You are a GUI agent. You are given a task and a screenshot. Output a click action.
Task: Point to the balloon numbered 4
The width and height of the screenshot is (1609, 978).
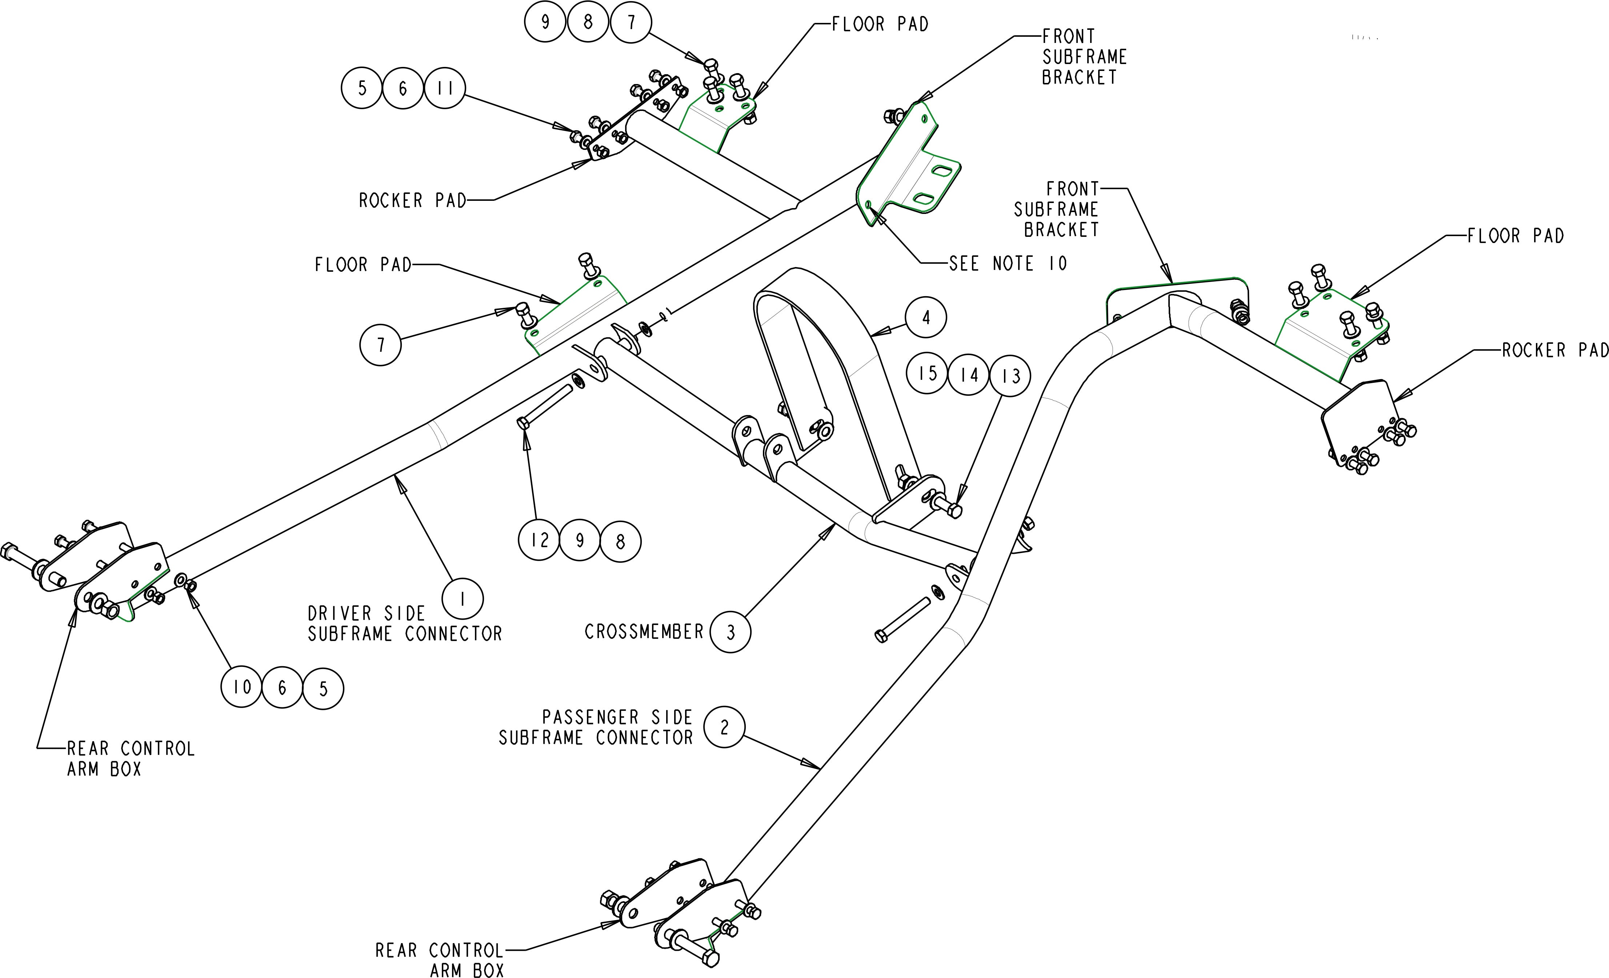(x=925, y=318)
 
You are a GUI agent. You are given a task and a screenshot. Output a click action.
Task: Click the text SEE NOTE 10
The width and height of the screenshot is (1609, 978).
(x=1008, y=263)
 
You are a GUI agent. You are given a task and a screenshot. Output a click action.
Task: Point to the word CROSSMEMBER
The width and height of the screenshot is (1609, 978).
(x=644, y=632)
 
